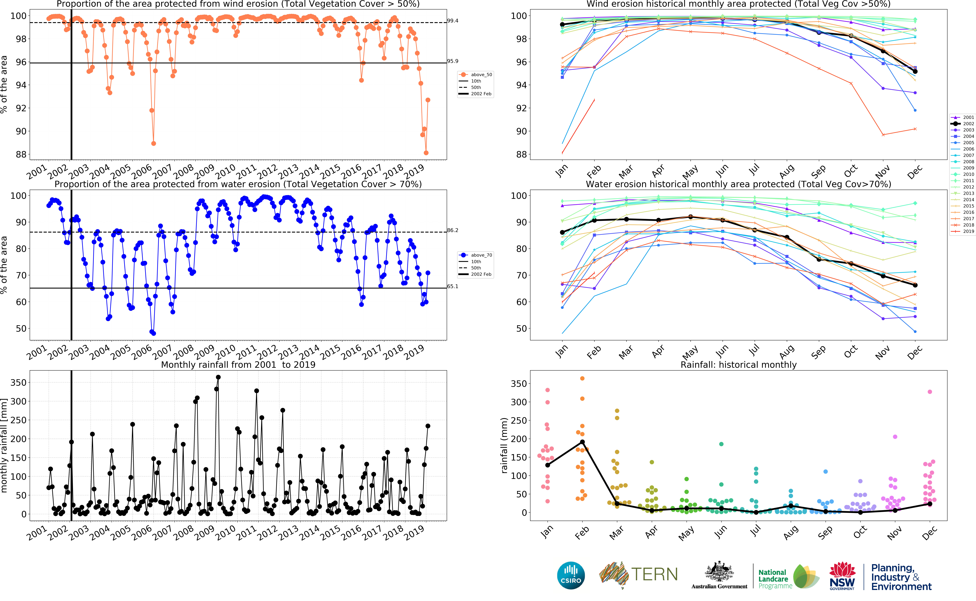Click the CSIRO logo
pyautogui.click(x=571, y=575)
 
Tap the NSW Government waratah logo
pyautogui.click(x=842, y=575)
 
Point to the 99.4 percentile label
pyautogui.click(x=452, y=21)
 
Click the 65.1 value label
pyautogui.click(x=452, y=286)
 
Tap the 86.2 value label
pyautogui.click(x=452, y=230)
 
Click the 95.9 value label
pyautogui.click(x=452, y=61)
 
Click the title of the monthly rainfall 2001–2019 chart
pyautogui.click(x=238, y=365)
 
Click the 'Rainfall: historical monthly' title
pyautogui.click(x=738, y=365)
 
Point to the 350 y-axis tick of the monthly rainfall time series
pyautogui.click(x=18, y=382)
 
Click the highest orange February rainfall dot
pyautogui.click(x=582, y=378)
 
